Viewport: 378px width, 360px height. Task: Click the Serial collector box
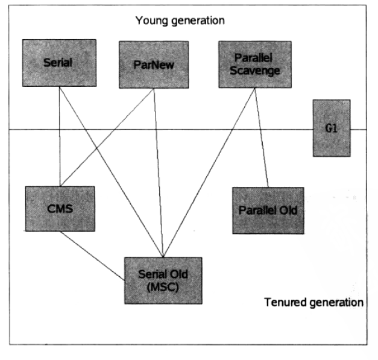[x=58, y=62]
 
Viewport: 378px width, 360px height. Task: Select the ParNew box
[x=153, y=65]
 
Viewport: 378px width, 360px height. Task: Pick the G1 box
[x=331, y=128]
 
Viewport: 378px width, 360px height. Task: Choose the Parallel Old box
[x=268, y=210]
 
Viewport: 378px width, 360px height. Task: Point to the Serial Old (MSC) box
[x=163, y=280]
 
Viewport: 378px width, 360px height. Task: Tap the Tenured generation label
[x=313, y=302]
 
